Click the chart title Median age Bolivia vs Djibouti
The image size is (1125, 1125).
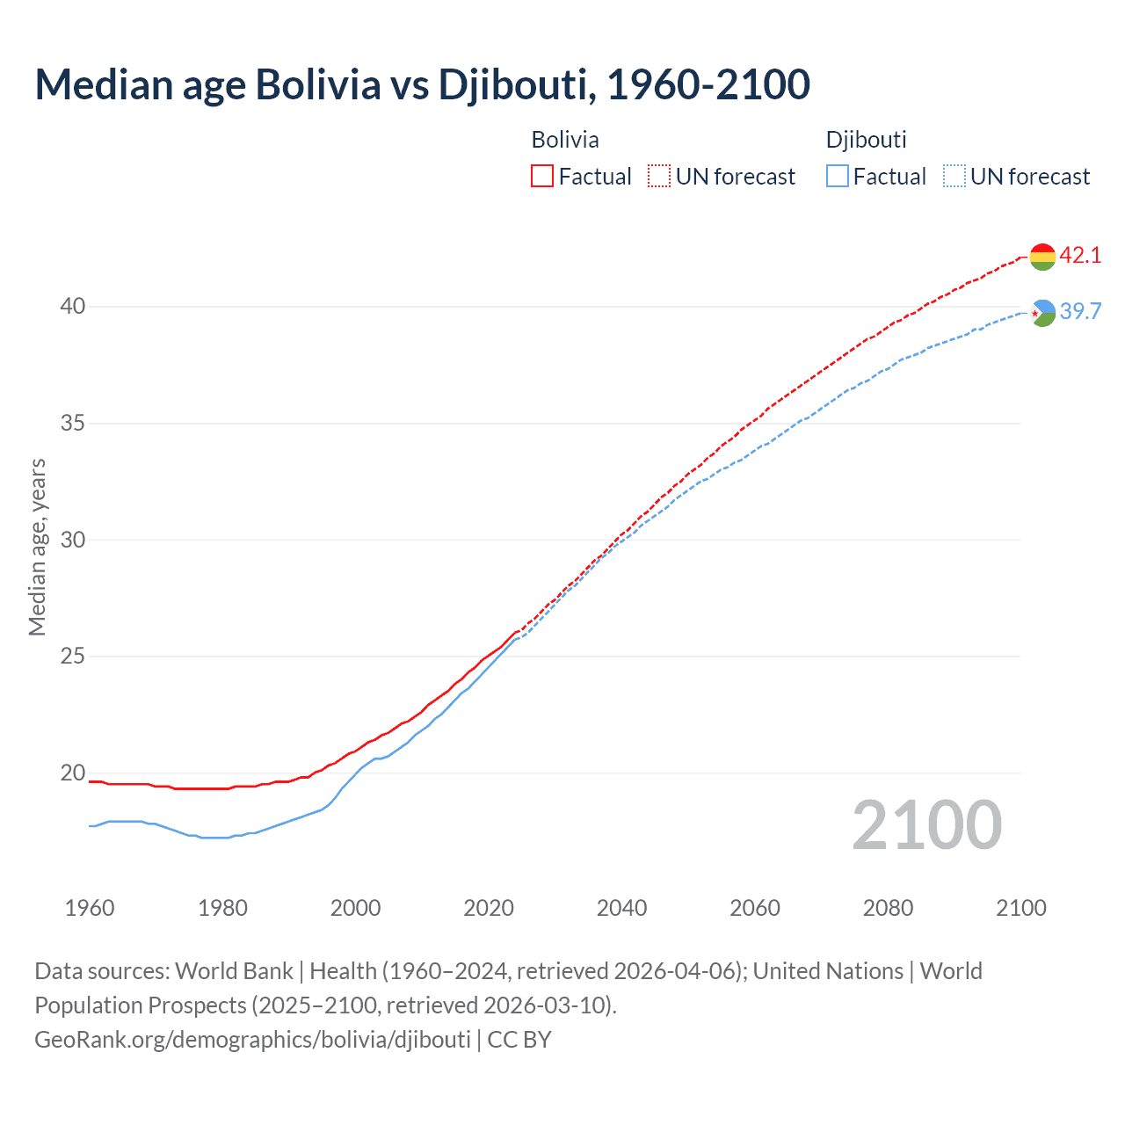pos(422,85)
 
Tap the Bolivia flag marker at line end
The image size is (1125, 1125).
pos(1042,257)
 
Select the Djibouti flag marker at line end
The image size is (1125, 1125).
pos(1042,313)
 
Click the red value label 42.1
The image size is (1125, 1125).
pos(1080,256)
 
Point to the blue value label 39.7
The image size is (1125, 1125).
pos(1080,312)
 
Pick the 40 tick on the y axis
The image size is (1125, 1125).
pos(73,307)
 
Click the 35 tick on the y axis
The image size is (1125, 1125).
pos(73,424)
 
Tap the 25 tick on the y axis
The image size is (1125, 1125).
pos(73,657)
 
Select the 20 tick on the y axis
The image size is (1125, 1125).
pos(73,773)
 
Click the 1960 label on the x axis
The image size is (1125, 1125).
pos(90,908)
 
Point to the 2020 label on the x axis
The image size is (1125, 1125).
pos(489,908)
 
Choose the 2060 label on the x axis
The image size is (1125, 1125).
pos(755,908)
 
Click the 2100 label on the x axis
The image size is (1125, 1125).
pos(1021,908)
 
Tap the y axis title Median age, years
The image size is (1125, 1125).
pos(37,547)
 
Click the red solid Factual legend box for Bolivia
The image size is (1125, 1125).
pos(542,177)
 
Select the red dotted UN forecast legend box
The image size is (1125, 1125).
pos(659,177)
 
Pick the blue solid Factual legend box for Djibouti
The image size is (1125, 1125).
pos(838,177)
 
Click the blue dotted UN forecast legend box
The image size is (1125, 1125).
pos(954,177)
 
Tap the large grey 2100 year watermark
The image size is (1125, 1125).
pos(927,825)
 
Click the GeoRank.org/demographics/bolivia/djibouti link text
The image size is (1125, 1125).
pos(252,1040)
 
